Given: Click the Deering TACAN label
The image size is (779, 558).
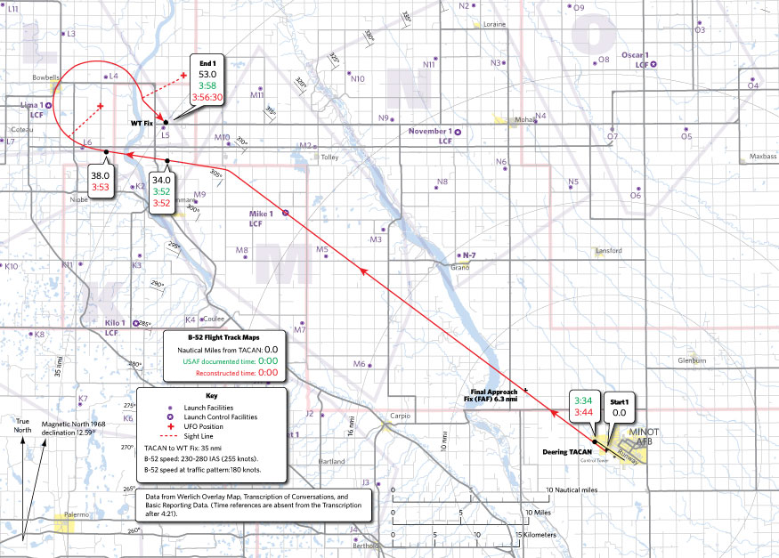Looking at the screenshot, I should pyautogui.click(x=566, y=451).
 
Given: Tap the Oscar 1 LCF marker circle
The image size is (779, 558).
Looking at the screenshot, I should pyautogui.click(x=654, y=65).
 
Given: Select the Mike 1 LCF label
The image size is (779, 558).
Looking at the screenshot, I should pyautogui.click(x=262, y=219).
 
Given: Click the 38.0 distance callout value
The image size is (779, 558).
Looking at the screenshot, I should pyautogui.click(x=99, y=175).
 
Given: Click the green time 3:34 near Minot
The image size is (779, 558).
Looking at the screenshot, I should pyautogui.click(x=584, y=400).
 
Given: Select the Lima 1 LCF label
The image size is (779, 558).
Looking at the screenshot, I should pyautogui.click(x=31, y=109).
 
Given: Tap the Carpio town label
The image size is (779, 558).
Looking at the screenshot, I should pyautogui.click(x=402, y=416).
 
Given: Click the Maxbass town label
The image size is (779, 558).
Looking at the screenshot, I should pyautogui.click(x=762, y=156).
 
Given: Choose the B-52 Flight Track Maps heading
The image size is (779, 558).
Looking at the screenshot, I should pyautogui.click(x=223, y=338).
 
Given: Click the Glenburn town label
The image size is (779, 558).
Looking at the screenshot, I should pyautogui.click(x=692, y=360).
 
